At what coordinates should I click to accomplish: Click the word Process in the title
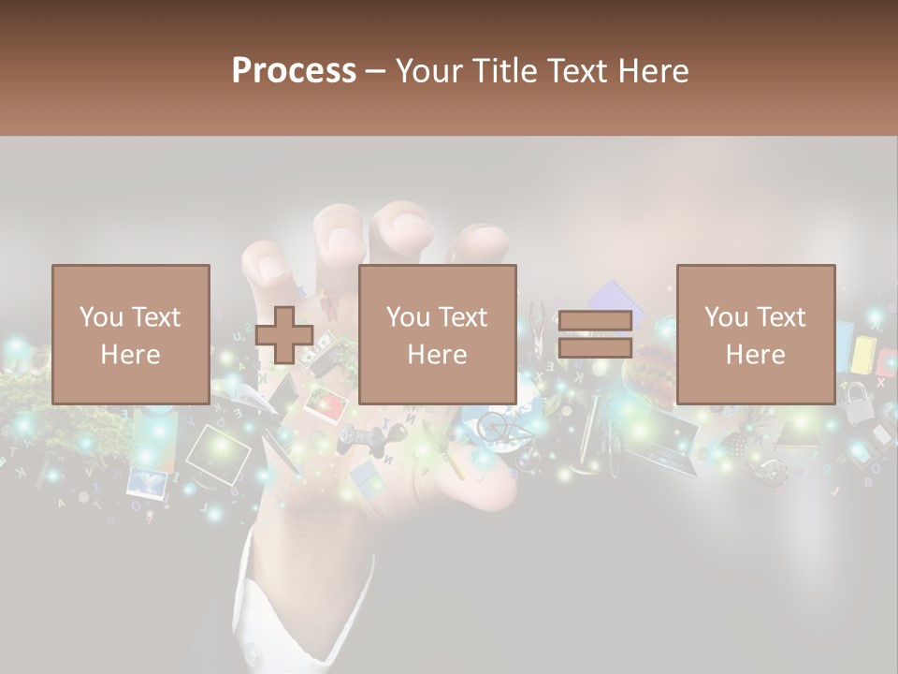(294, 71)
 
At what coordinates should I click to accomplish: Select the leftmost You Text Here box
(131, 335)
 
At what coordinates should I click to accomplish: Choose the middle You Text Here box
(438, 335)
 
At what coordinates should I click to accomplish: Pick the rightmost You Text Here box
(756, 335)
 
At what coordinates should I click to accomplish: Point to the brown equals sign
(595, 335)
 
